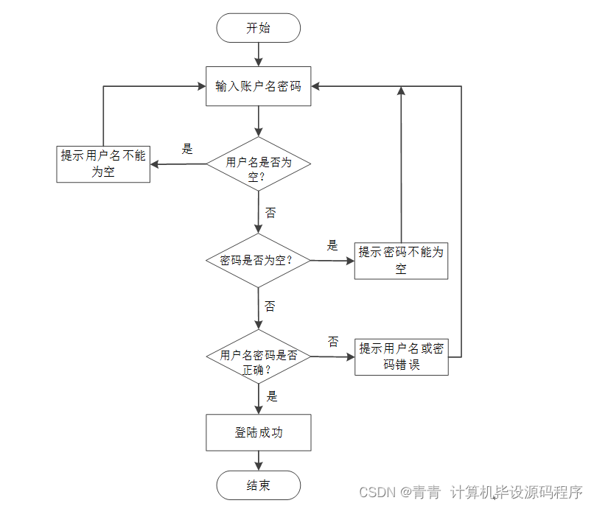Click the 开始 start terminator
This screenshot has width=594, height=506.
tap(258, 28)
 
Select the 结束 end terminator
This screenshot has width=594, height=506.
tap(258, 485)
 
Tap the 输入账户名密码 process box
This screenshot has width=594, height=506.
tap(258, 86)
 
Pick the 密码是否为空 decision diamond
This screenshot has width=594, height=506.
tap(258, 260)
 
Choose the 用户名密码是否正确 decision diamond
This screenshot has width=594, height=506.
tap(258, 357)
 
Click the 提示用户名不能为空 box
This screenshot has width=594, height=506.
tap(103, 164)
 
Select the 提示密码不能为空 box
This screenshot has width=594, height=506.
tap(401, 261)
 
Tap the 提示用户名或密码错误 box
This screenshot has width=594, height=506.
tap(401, 357)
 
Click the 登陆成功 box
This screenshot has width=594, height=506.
tap(258, 432)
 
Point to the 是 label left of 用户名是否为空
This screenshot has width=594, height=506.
tap(187, 149)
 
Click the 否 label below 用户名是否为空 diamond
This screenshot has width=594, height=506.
tap(270, 213)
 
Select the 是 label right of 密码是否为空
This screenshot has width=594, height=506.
tap(332, 245)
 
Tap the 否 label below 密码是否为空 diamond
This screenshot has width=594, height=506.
tap(270, 306)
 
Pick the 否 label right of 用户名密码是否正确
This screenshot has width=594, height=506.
tap(333, 342)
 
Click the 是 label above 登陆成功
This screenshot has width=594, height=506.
tap(272, 396)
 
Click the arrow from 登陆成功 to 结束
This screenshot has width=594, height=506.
tap(258, 460)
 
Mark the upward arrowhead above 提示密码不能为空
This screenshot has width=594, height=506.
tap(401, 92)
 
